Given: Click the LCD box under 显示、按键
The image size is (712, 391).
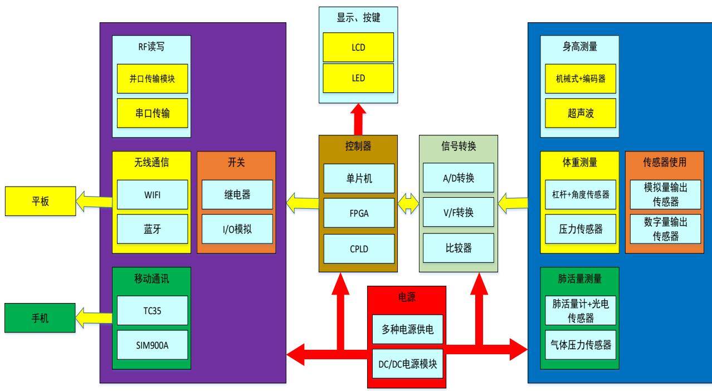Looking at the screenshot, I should pyautogui.click(x=358, y=47).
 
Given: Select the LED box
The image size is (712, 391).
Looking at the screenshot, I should pyautogui.click(x=358, y=78).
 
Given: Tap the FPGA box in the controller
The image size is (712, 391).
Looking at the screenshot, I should pyautogui.click(x=358, y=213).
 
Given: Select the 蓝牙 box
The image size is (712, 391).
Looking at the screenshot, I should pyautogui.click(x=152, y=228).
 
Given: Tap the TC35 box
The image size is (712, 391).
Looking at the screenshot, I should pyautogui.click(x=152, y=310).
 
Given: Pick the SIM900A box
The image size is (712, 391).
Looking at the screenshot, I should pyautogui.click(x=152, y=344).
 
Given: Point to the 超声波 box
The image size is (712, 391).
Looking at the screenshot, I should pyautogui.click(x=579, y=114).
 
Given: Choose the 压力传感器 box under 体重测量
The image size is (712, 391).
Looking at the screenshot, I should pyautogui.click(x=579, y=228).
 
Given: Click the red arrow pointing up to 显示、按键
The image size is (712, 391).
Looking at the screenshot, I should pyautogui.click(x=359, y=119).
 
